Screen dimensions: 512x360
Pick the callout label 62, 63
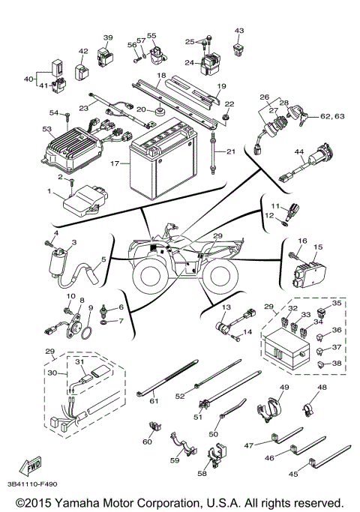[333, 117]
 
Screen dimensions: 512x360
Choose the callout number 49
[283, 387]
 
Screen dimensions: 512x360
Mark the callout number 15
[318, 247]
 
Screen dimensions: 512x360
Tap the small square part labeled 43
[240, 49]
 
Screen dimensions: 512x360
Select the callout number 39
[108, 37]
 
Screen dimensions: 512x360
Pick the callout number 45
[293, 473]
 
